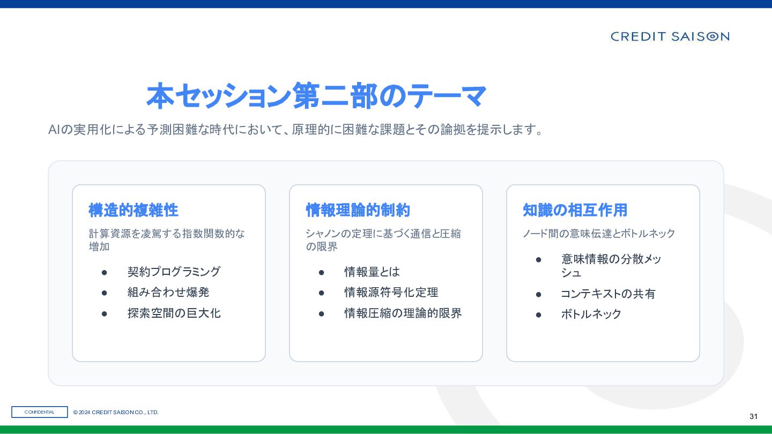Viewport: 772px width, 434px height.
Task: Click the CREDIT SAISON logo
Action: pos(670,36)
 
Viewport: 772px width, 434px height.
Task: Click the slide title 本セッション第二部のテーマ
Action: pos(316,96)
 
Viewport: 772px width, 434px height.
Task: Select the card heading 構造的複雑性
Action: pos(133,210)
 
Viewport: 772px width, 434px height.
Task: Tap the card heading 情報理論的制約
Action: pos(358,210)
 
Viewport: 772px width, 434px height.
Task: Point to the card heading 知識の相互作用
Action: pos(575,210)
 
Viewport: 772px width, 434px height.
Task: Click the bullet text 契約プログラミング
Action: pos(174,272)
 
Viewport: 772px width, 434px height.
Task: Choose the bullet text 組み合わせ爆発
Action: pos(168,293)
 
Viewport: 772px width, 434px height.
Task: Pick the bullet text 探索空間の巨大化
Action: pos(174,313)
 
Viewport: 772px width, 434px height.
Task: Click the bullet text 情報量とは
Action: pos(372,272)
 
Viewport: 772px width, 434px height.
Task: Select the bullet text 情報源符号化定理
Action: pos(391,293)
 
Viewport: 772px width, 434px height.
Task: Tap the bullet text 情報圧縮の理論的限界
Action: pos(403,313)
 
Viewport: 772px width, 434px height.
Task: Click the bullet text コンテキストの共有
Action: pos(608,294)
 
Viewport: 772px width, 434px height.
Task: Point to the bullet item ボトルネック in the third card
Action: pos(591,314)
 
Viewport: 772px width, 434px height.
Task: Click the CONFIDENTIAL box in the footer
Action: pos(40,412)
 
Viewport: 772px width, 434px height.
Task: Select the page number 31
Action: pos(753,416)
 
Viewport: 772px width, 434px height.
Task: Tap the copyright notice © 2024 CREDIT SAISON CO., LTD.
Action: pos(116,413)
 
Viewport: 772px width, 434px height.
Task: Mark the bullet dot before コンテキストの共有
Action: pos(539,295)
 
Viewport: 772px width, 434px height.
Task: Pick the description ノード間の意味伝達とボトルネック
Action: pos(599,234)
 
